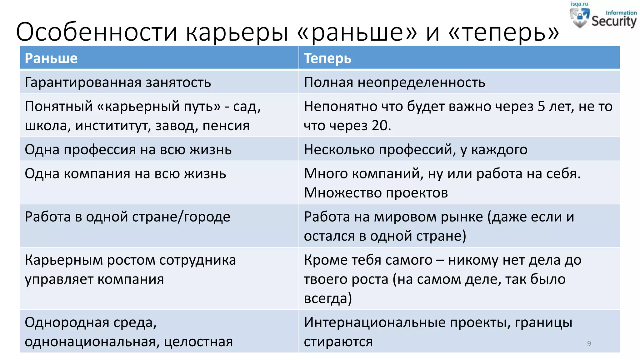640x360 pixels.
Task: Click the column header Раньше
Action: [51, 58]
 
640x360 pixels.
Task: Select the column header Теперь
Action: [327, 58]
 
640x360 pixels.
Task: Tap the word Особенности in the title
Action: [97, 32]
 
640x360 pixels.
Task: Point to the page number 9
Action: [589, 343]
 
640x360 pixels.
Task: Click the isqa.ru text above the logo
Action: [579, 4]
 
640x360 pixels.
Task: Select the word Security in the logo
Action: [614, 21]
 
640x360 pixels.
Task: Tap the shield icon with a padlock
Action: [580, 17]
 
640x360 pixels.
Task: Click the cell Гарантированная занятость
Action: [118, 82]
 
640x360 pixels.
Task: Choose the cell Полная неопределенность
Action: [394, 82]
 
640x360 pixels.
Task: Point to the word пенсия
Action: [226, 126]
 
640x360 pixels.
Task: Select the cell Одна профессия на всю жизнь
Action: [128, 150]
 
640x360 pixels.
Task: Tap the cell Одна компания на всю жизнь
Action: [125, 174]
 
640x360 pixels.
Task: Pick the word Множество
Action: [343, 193]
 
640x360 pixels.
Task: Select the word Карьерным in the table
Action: [64, 260]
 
